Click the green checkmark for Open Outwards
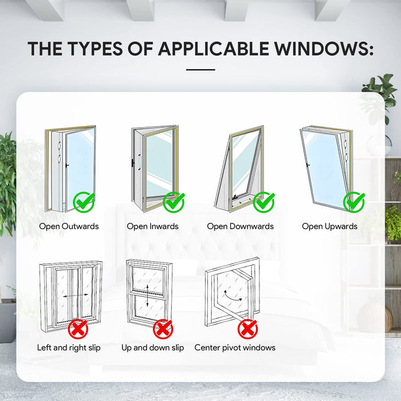pyautogui.click(x=84, y=203)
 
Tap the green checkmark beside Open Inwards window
pyautogui.click(x=174, y=203)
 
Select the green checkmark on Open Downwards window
pyautogui.click(x=264, y=203)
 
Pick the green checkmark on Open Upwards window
pyautogui.click(x=354, y=203)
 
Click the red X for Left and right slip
pyautogui.click(x=78, y=329)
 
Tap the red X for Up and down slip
pyautogui.click(x=163, y=329)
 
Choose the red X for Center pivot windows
pyautogui.click(x=247, y=329)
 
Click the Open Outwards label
pyautogui.click(x=69, y=226)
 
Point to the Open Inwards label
pyautogui.click(x=153, y=226)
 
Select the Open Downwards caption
pyautogui.click(x=241, y=226)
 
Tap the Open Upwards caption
pyautogui.click(x=329, y=227)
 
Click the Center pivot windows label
pyautogui.click(x=235, y=348)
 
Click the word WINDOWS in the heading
pyautogui.click(x=324, y=49)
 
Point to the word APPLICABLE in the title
pyautogui.click(x=214, y=49)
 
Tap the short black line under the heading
pyautogui.click(x=200, y=69)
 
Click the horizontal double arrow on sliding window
pyautogui.click(x=76, y=296)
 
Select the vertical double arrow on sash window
pyautogui.click(x=148, y=296)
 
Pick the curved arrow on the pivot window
pyautogui.click(x=232, y=297)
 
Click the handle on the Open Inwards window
pyautogui.click(x=139, y=162)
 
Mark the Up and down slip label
pyautogui.click(x=153, y=348)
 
